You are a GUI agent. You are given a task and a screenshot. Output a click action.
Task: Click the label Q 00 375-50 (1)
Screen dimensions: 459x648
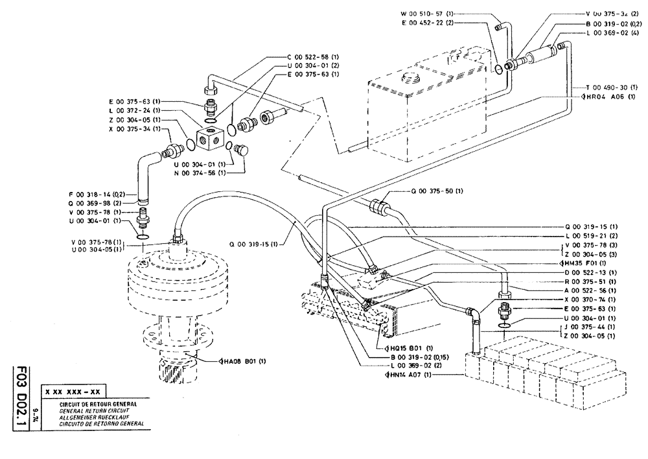click(x=437, y=191)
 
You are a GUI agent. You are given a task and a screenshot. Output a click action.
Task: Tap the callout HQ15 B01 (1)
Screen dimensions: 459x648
click(x=408, y=348)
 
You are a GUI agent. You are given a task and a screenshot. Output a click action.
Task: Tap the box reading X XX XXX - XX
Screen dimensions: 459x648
click(x=72, y=392)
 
